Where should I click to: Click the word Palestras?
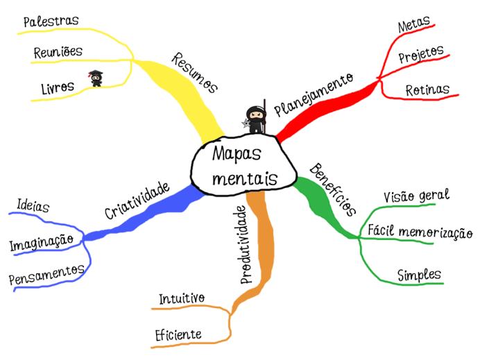coord(51,22)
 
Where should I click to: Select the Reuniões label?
coord(58,52)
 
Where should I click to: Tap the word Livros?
coord(58,88)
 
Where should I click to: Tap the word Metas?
coord(413,26)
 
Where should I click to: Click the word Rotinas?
coord(427,89)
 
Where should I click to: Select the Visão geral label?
coord(416,196)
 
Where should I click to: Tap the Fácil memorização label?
coord(420,232)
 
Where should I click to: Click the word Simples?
coord(419,274)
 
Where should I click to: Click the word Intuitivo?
coord(182,299)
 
